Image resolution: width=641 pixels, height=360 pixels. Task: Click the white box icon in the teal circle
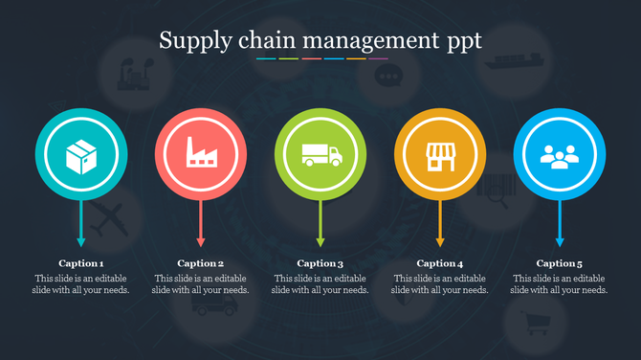coord(81,154)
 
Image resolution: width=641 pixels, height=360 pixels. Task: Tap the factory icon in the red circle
coord(201,154)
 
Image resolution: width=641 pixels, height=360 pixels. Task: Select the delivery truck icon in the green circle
coord(320,154)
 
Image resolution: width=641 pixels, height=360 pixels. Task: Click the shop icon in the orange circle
coord(440,154)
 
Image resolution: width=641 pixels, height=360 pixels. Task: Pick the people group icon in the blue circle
coord(560,154)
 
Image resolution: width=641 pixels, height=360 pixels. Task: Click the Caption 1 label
coord(81,263)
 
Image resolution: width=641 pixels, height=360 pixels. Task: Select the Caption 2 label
coord(201,263)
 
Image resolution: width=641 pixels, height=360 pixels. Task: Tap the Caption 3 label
coord(320,263)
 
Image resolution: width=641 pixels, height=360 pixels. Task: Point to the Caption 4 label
coord(440,263)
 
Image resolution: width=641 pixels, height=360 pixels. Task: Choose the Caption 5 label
coord(560,263)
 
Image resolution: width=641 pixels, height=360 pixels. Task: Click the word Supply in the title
coord(189,41)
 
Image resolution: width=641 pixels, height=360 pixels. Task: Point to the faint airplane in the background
coord(112,218)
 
